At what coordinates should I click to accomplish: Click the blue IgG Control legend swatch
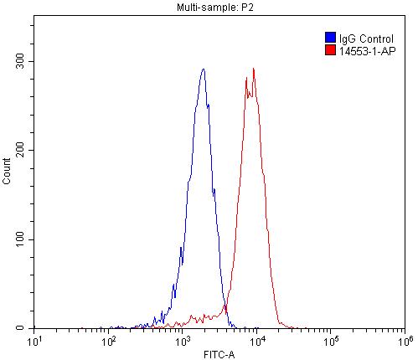pos(330,38)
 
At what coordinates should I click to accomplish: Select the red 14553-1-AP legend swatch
pos(330,50)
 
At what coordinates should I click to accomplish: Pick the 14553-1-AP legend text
pos(366,50)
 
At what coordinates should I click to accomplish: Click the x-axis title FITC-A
pos(219,354)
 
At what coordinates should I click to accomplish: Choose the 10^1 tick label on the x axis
pos(34,341)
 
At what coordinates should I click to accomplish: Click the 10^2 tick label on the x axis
pos(108,341)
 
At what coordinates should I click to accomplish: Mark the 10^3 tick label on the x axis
pos(182,341)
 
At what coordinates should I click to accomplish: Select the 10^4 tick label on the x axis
pos(256,341)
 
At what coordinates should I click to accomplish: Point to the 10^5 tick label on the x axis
pos(330,341)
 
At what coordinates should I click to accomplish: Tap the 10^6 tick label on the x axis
pos(404,341)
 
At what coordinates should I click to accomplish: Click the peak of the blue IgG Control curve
pos(203,69)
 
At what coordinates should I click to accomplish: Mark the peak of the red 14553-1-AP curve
pos(253,69)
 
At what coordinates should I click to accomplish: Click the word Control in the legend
pos(372,38)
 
